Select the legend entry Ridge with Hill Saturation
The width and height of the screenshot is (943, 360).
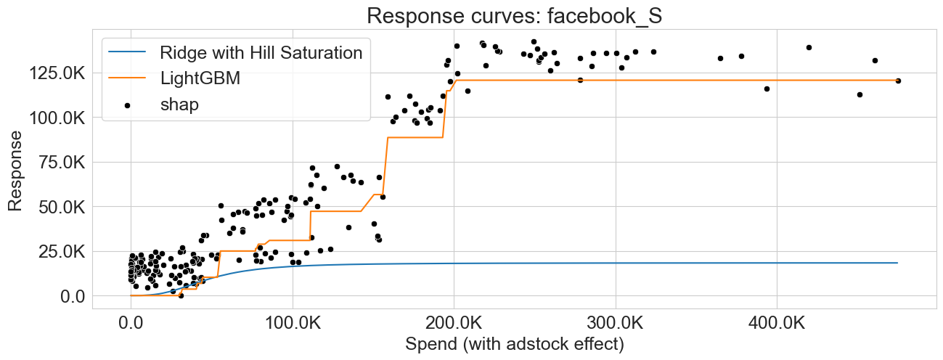(261, 52)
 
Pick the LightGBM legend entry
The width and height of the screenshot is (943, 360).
(200, 78)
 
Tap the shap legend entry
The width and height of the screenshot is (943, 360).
(179, 105)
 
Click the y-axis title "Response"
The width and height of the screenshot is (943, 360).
(15, 172)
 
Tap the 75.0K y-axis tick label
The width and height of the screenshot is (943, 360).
(61, 162)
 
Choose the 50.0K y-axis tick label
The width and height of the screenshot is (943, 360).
(61, 207)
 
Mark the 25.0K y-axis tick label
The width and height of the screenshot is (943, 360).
(61, 251)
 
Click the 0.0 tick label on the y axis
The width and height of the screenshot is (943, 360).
(73, 296)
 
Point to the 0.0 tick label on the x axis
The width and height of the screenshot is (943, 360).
(131, 320)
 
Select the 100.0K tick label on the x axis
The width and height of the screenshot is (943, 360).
(293, 320)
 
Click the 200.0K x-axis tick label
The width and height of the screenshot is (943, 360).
(454, 320)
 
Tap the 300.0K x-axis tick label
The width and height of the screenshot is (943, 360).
(616, 320)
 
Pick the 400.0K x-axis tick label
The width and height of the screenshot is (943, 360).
(777, 320)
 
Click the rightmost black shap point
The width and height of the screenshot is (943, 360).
(898, 81)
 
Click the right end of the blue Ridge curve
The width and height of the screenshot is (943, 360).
(898, 263)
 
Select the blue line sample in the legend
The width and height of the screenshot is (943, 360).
(127, 52)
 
